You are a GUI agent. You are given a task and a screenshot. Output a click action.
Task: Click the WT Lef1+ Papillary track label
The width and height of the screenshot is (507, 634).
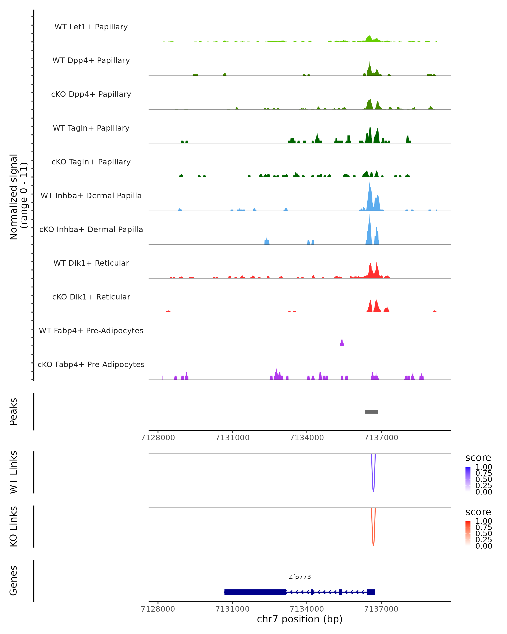[x=91, y=27]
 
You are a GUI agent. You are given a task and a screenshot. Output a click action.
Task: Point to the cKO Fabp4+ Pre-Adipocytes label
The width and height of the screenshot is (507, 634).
[x=91, y=364]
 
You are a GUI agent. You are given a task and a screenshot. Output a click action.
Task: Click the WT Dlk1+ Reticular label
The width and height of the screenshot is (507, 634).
[x=91, y=263]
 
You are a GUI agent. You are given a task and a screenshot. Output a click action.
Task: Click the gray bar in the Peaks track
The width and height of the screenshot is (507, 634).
[x=372, y=412]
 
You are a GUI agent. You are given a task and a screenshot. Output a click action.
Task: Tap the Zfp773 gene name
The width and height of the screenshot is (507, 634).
[x=300, y=577]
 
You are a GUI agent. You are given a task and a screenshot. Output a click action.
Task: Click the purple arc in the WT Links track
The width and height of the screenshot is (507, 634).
[x=373, y=488]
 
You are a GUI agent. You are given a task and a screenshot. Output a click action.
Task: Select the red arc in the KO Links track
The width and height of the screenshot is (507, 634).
[x=373, y=542]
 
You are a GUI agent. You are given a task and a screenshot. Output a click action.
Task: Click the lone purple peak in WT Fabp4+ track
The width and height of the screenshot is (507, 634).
[x=342, y=343]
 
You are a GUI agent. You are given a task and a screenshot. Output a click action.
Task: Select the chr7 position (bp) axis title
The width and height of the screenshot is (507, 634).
[x=300, y=619]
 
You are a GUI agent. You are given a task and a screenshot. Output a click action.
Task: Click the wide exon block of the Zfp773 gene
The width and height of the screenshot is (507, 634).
[x=255, y=592]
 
